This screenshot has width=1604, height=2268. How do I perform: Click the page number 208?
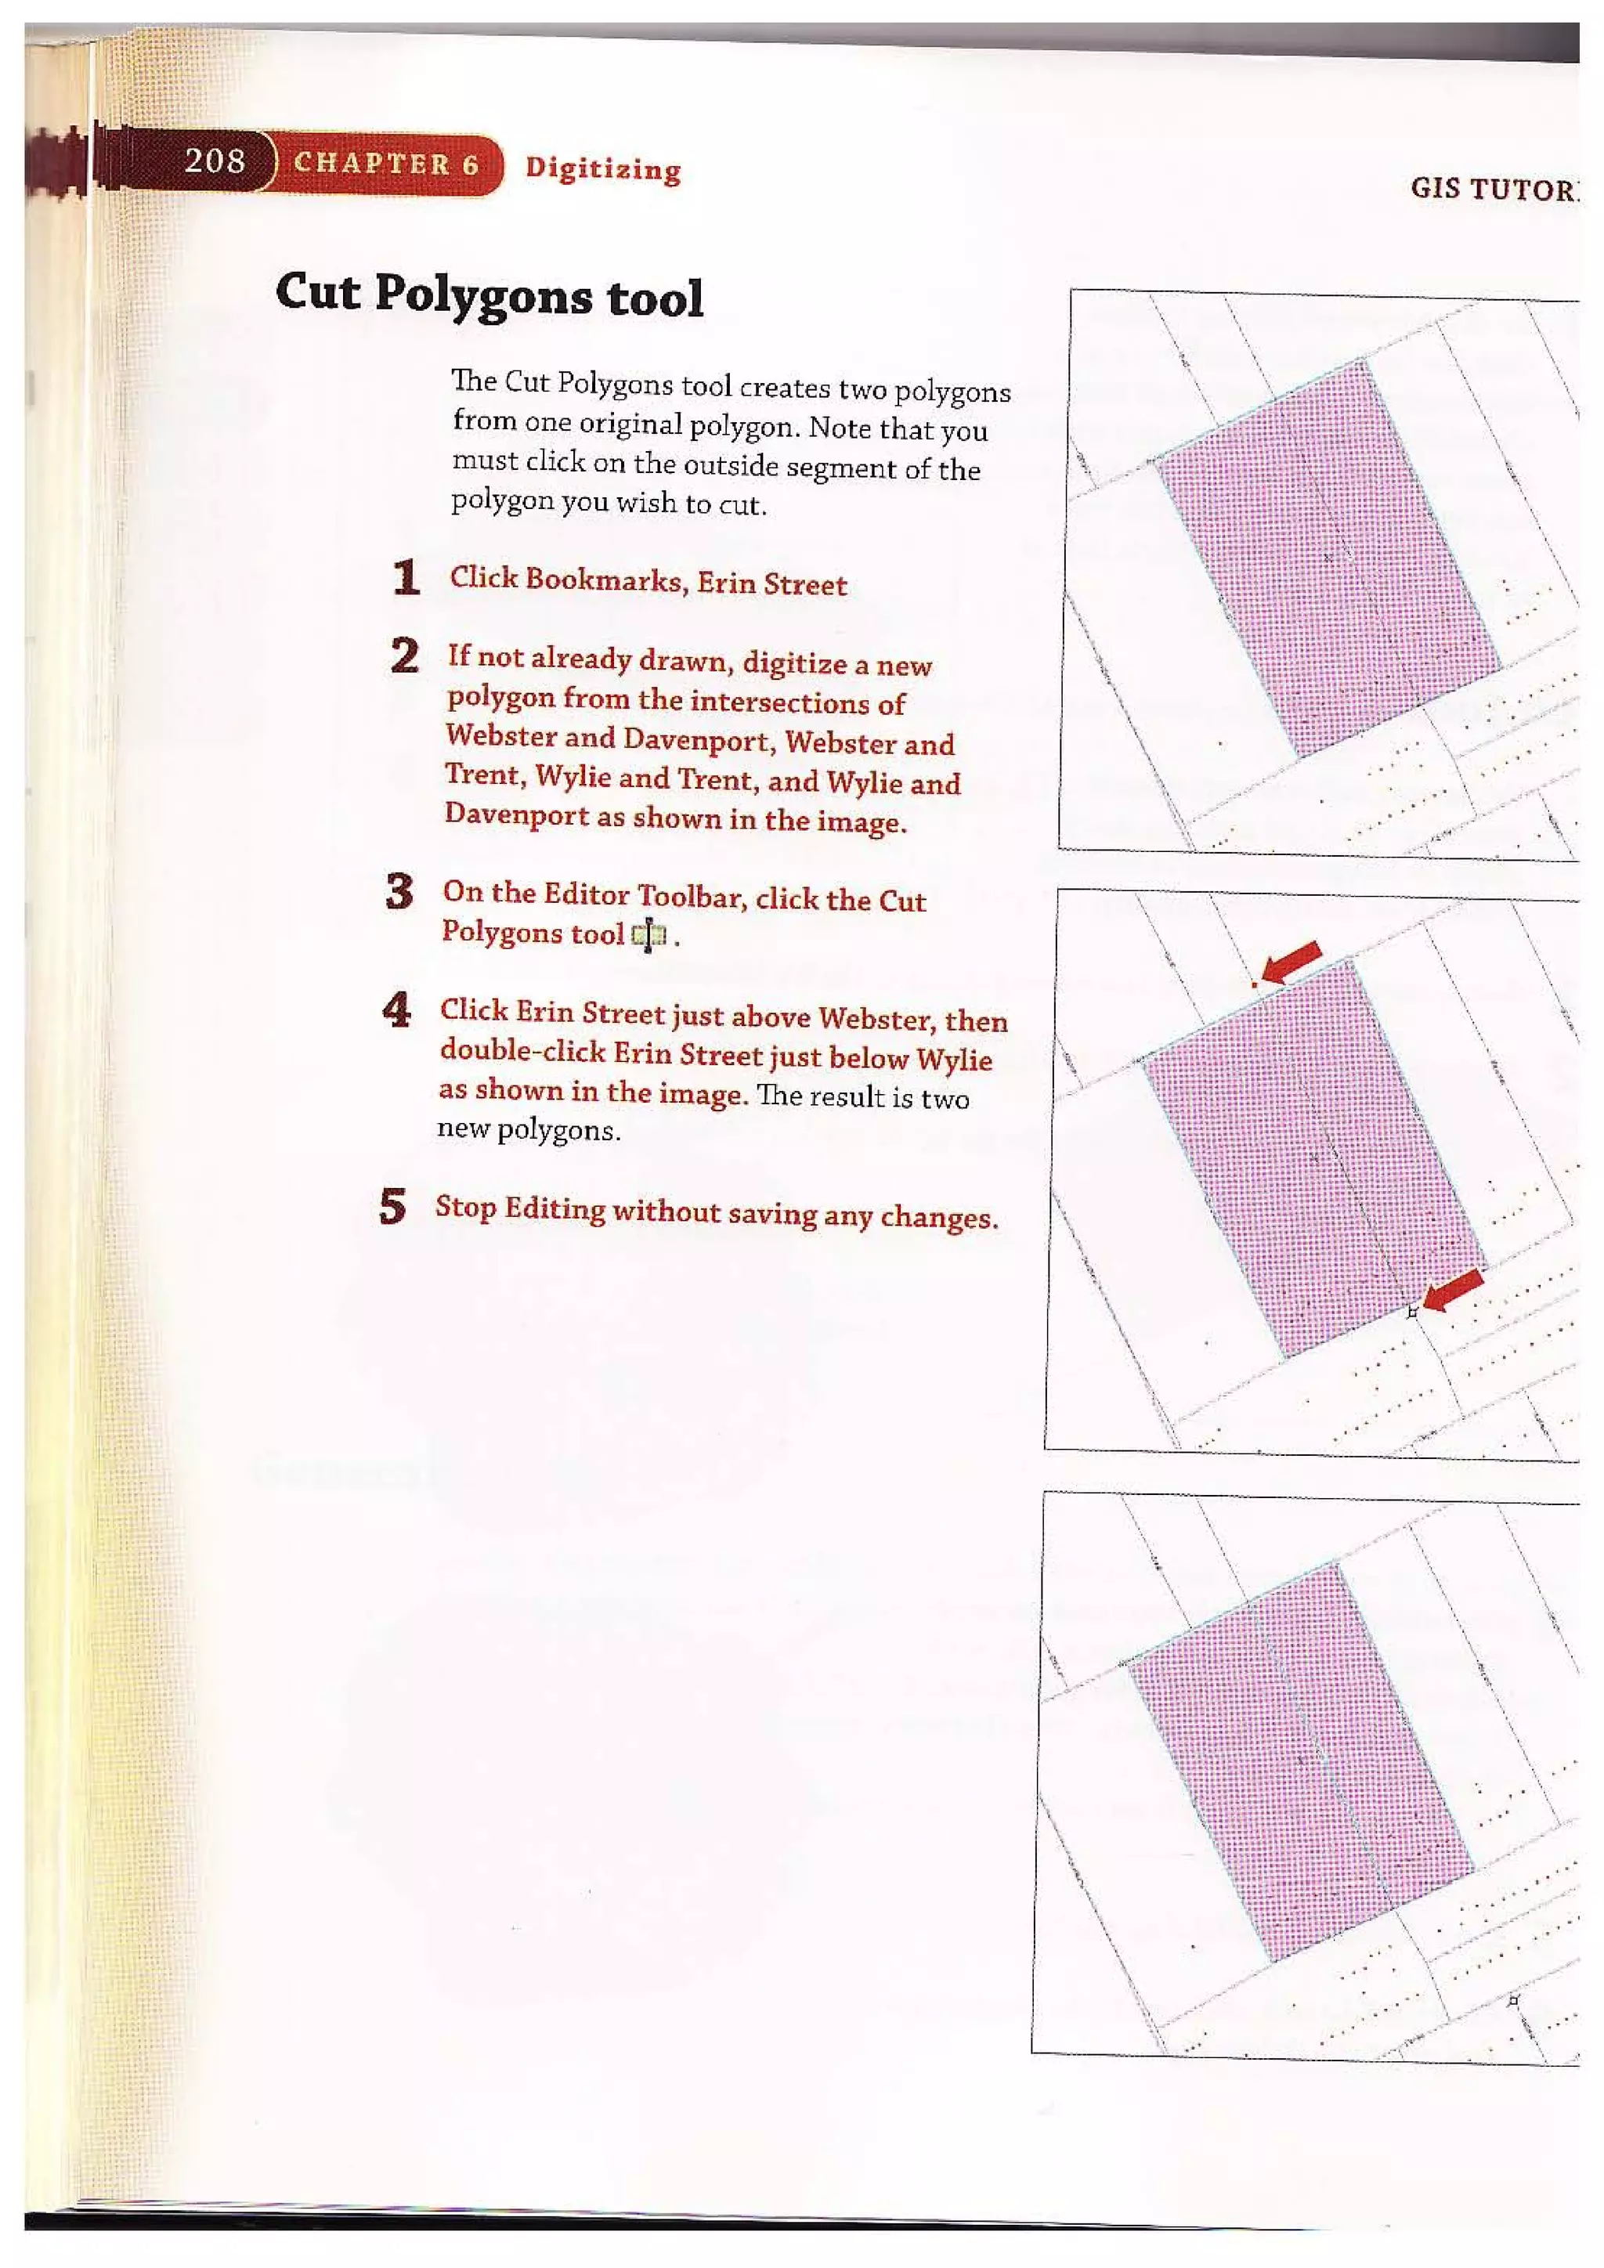[215, 160]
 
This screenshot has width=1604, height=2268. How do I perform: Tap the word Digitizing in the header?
[602, 169]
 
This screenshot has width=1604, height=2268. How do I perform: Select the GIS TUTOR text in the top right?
[1492, 189]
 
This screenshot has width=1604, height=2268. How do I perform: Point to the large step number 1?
[406, 578]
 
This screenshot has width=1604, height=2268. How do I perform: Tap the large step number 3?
[399, 892]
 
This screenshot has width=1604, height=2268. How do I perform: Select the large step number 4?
[396, 1009]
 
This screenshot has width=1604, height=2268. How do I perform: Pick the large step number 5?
[392, 1206]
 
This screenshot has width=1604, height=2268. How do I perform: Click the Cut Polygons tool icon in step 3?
[649, 935]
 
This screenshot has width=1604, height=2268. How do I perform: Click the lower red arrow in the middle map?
[1453, 1290]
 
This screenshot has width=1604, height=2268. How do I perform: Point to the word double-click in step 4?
[522, 1051]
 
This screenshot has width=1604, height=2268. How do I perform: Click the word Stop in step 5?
[465, 1207]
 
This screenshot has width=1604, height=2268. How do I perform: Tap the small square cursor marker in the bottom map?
[1513, 2000]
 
